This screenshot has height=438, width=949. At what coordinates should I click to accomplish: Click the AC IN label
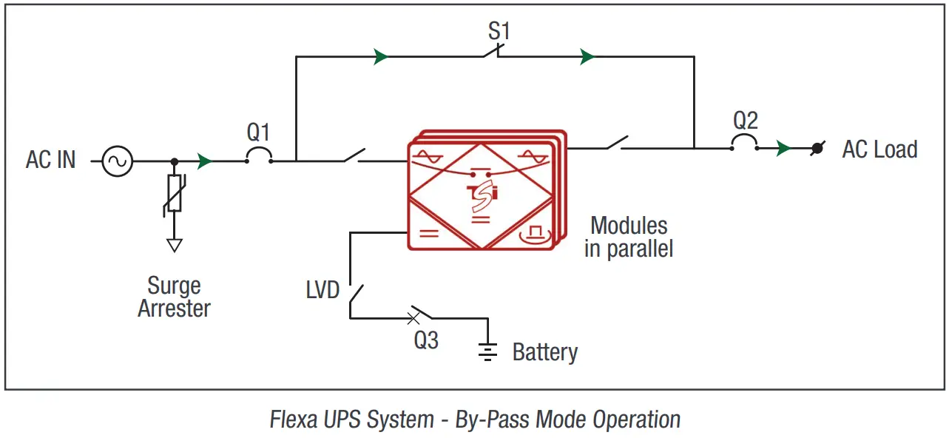pos(50,161)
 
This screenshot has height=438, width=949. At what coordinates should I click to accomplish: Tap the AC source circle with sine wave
pos(117,161)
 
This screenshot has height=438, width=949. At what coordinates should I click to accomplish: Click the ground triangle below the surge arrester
pos(174,245)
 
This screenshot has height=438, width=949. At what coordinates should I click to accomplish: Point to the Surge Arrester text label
pos(174,297)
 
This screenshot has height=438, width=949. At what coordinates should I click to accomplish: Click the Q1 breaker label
pos(258,133)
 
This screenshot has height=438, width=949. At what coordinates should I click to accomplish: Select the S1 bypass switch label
pos(499,32)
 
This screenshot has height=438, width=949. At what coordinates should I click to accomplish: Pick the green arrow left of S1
pos(381,56)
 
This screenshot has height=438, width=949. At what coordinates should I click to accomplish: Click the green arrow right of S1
pos(587,56)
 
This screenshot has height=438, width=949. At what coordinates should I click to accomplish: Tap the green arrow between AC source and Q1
pos(206,161)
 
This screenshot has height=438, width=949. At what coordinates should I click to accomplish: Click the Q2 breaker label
pos(745,120)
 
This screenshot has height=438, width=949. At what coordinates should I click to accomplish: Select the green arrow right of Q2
pos(783,148)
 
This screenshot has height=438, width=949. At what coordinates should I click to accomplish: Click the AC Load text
pos(879,149)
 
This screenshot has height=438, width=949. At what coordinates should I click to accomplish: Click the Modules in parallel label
pos(629,237)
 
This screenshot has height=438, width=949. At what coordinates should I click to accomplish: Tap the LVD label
pos(322,289)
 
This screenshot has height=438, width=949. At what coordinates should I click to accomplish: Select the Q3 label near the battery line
pos(426,340)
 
